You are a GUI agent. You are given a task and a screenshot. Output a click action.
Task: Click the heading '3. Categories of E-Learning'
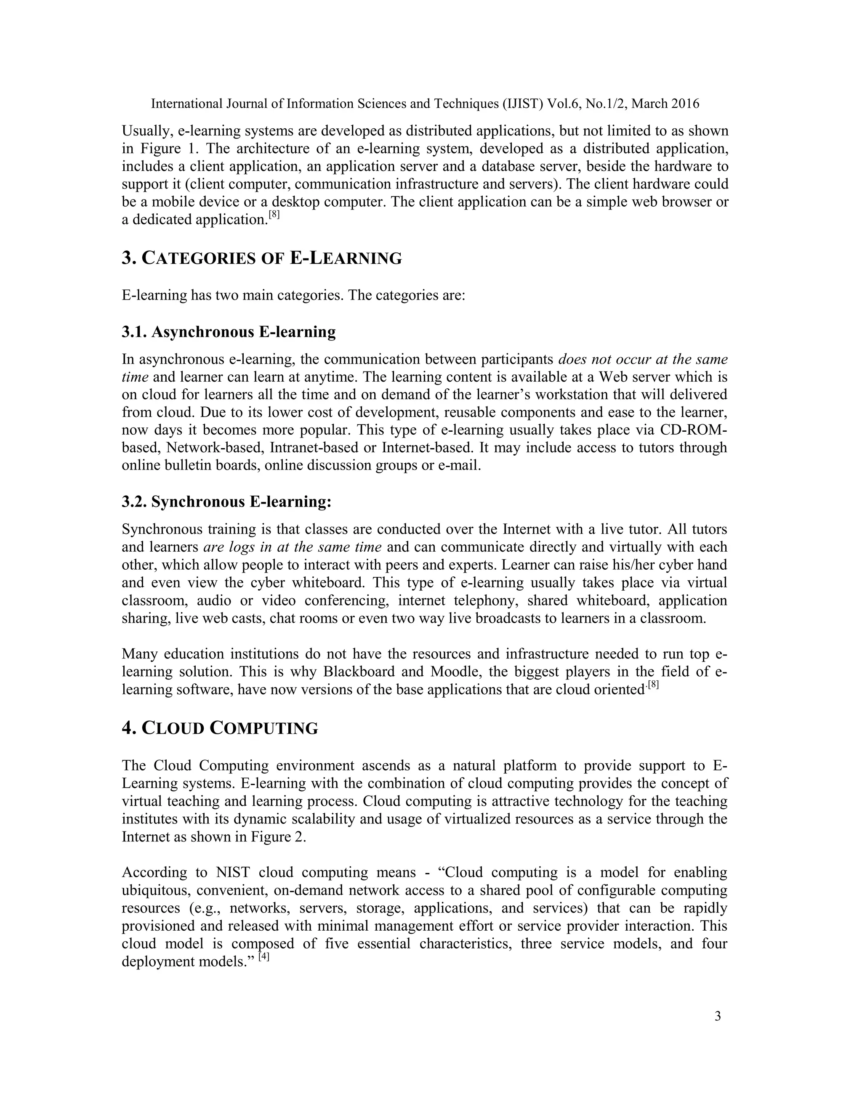pos(261,258)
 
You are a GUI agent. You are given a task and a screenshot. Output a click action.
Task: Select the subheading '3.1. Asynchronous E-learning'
pos(228,332)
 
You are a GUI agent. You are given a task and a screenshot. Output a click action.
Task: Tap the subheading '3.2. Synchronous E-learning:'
pos(226,502)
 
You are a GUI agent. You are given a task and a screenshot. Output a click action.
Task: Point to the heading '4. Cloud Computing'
pos(220,728)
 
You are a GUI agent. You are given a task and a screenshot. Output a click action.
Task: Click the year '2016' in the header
pos(685,104)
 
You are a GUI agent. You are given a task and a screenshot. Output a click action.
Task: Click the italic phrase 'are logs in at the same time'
pos(292,547)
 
